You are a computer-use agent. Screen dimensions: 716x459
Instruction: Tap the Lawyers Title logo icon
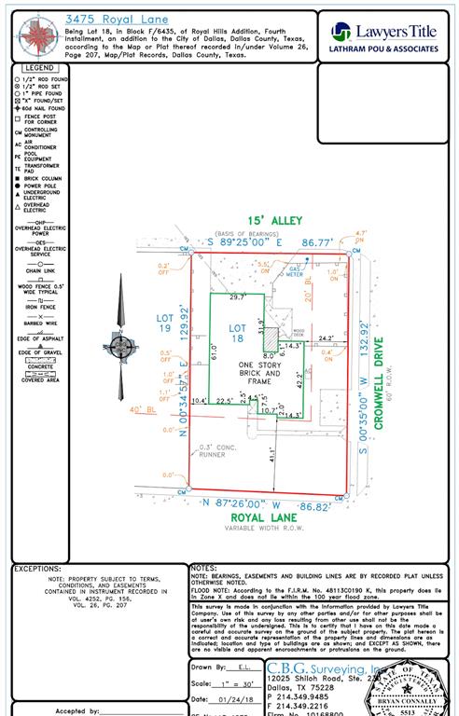(x=341, y=32)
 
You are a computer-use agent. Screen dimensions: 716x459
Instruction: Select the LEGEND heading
(x=39, y=68)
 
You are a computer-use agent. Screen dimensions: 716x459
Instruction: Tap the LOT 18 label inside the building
(x=237, y=333)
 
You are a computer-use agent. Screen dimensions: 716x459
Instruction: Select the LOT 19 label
(x=164, y=323)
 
